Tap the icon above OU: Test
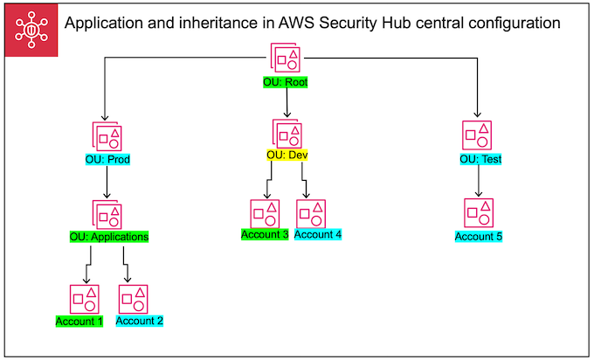click(x=478, y=135)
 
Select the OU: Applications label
click(x=109, y=236)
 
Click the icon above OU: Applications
click(x=107, y=214)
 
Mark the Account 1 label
click(x=79, y=321)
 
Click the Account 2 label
click(x=140, y=321)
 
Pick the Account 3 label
click(x=265, y=234)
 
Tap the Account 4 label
click(x=318, y=234)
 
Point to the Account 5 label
click(x=479, y=236)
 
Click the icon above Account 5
click(x=478, y=213)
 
